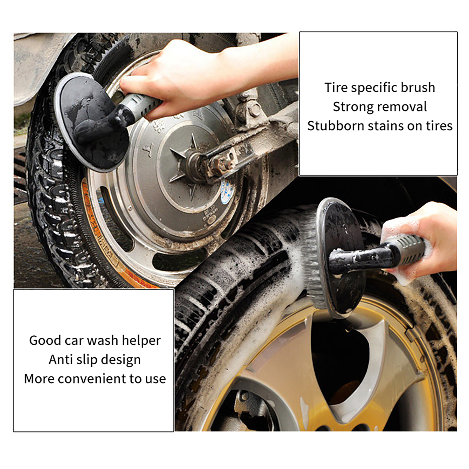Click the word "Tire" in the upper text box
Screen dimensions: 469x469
pyautogui.click(x=336, y=87)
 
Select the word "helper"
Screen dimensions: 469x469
pyautogui.click(x=141, y=341)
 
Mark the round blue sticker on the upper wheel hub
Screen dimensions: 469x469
pyautogui.click(x=227, y=192)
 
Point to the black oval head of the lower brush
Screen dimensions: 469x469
pyautogui.click(x=341, y=258)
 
